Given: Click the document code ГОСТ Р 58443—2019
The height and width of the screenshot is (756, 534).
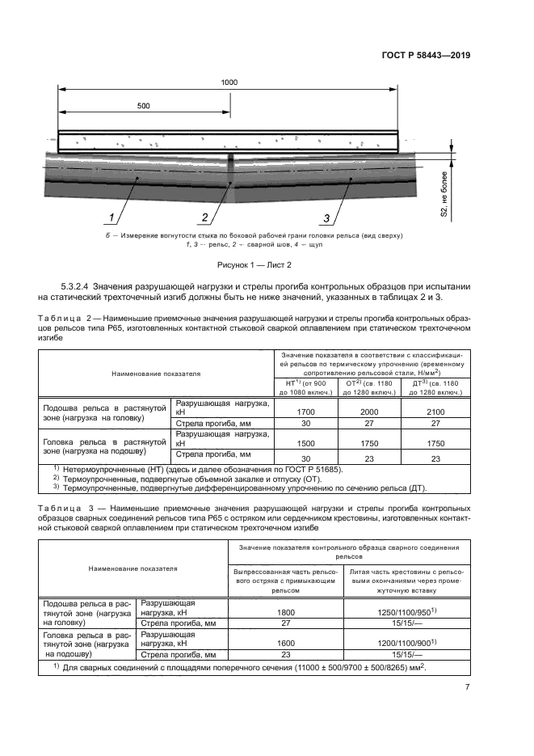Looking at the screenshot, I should coord(425,56).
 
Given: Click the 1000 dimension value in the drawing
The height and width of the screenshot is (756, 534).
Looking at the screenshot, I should coord(229,83).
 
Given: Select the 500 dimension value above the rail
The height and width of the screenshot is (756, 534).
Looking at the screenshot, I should coord(144,106).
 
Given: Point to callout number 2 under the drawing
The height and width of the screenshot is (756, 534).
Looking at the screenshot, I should coord(205,217).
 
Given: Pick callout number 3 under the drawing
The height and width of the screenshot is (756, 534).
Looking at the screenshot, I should coord(326,217).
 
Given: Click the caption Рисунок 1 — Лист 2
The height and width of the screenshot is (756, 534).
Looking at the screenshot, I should coord(254,264).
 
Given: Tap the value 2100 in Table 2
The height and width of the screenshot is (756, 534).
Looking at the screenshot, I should coord(435,411).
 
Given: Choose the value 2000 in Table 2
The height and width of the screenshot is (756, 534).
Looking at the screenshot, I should coord(369,411).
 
